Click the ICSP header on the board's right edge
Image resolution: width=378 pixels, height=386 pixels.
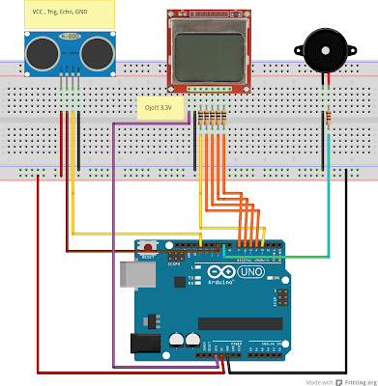(282, 295)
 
